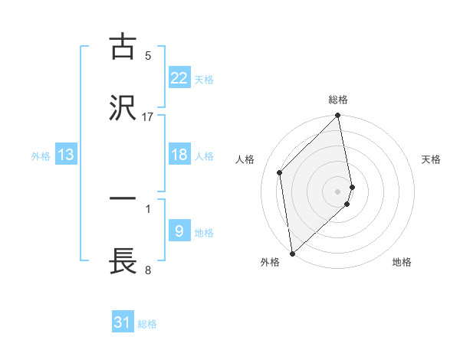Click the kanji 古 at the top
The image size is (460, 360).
[123, 47]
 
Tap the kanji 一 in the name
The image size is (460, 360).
[123, 199]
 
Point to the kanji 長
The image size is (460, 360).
[123, 260]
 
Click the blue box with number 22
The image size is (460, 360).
[179, 78]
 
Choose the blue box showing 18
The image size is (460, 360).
[179, 155]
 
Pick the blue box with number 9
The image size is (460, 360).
[179, 231]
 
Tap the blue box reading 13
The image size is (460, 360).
[66, 155]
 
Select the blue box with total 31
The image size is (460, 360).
[123, 322]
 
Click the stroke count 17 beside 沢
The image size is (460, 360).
[148, 116]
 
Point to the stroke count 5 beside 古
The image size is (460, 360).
[148, 55]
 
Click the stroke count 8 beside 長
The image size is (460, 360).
[148, 270]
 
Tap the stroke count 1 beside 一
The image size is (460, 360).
[148, 208]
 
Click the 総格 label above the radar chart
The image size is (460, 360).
[338, 100]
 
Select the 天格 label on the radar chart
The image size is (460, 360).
[432, 159]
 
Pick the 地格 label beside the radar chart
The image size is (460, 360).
[402, 262]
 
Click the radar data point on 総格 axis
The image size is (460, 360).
[338, 116]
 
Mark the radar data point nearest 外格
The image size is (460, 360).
[292, 253]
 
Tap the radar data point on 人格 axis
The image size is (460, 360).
[280, 172]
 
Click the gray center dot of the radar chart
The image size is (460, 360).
[338, 191]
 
